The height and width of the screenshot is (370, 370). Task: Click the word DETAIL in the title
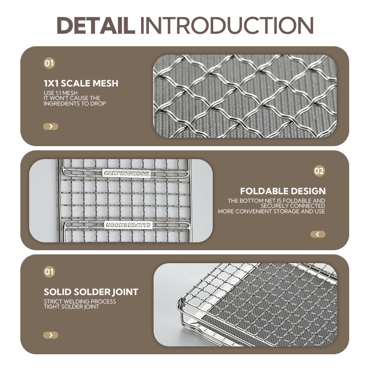point(96,25)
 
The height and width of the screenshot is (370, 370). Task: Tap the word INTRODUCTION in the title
point(227,25)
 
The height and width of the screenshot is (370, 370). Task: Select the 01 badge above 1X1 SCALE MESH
point(49,63)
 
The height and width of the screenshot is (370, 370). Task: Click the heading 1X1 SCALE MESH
point(81,83)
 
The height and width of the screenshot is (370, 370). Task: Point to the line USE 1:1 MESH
point(61,93)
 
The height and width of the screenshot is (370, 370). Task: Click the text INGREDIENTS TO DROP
point(74,103)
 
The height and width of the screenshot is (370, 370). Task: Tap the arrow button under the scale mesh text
point(50,126)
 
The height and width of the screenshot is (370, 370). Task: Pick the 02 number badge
point(319,171)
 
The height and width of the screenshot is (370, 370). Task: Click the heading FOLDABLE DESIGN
point(283,191)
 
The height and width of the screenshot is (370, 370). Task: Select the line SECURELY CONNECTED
point(293,206)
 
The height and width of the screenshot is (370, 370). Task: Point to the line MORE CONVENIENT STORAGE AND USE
point(271,211)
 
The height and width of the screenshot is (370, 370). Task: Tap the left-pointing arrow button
point(318,234)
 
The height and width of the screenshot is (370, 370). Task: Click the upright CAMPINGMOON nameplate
point(126,173)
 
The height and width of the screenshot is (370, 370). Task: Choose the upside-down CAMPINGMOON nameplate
point(128,225)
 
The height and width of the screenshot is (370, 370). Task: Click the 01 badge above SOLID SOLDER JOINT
point(49,271)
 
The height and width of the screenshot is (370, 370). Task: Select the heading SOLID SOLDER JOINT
point(91,292)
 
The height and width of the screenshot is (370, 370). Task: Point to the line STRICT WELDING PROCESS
point(80,302)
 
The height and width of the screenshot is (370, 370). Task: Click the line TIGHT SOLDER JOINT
point(71,307)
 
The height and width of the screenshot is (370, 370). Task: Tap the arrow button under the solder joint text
point(50,335)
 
